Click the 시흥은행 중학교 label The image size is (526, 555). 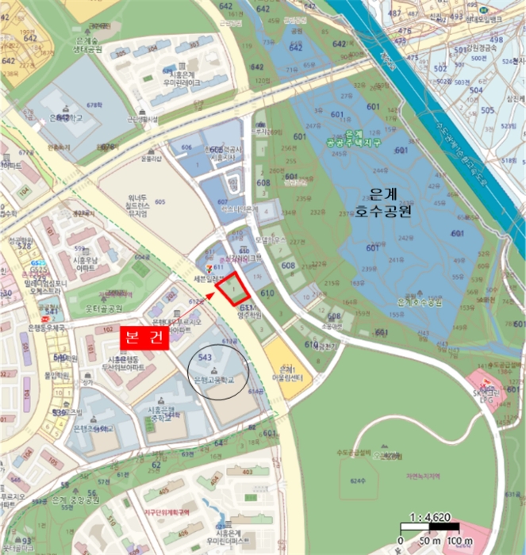[166, 412]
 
